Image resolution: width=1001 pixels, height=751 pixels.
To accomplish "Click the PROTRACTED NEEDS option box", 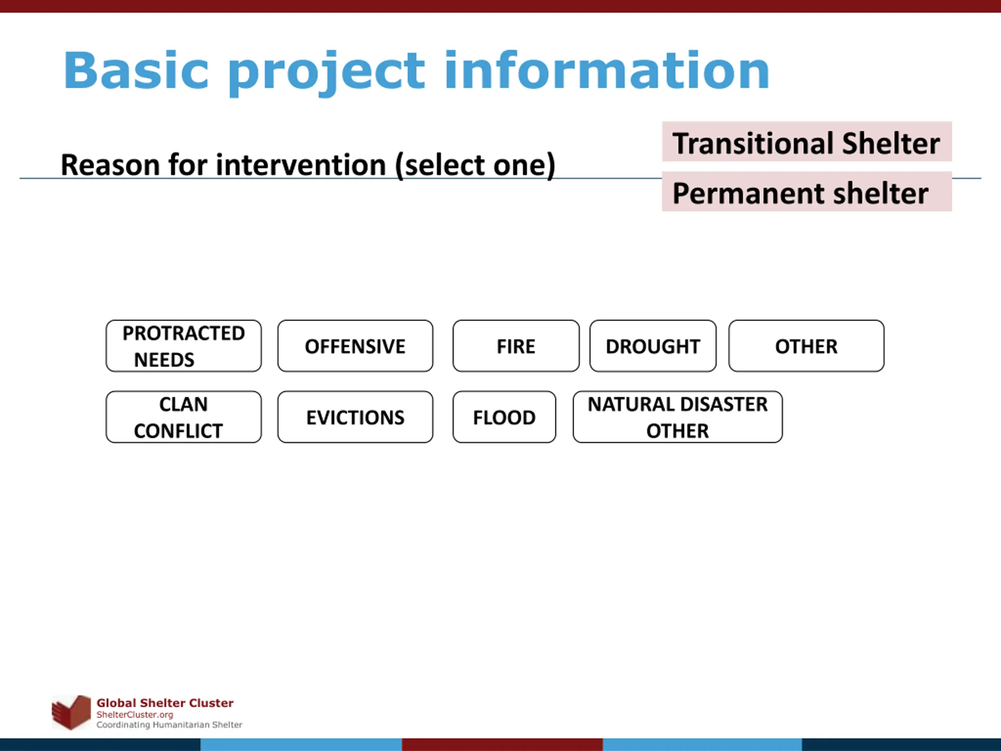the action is [x=183, y=346].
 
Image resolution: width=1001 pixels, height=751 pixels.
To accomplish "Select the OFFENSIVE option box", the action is [x=355, y=346].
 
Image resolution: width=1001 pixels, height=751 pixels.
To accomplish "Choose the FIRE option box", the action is [x=516, y=346].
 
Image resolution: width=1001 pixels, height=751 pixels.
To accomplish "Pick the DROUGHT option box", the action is [x=653, y=346].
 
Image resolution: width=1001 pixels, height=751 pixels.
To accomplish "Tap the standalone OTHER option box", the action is [x=806, y=346].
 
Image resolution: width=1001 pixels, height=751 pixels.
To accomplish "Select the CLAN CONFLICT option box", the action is [x=183, y=417].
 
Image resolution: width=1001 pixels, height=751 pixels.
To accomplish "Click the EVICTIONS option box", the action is [x=355, y=417].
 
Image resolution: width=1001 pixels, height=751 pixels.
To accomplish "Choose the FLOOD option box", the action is [x=504, y=417].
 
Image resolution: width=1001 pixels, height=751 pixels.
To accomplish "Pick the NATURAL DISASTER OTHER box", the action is [x=678, y=417].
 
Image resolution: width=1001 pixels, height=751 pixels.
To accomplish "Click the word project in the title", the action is [x=327, y=73].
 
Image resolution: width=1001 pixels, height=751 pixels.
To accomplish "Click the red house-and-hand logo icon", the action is [x=72, y=712].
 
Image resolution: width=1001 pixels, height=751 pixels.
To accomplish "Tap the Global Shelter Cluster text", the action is [x=165, y=703].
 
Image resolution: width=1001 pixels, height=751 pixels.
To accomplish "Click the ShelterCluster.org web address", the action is [x=135, y=715].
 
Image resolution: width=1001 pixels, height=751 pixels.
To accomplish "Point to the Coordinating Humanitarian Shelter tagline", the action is [x=169, y=725].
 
